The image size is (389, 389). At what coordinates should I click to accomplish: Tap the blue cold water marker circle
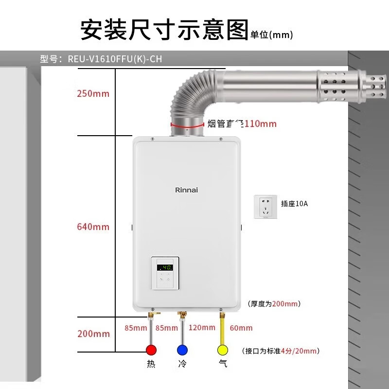pyautogui.click(x=182, y=350)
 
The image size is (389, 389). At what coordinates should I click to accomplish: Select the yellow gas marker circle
pyautogui.click(x=223, y=350)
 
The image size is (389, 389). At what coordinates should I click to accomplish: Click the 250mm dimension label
pyautogui.click(x=93, y=94)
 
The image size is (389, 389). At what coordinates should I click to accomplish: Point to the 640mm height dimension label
pyautogui.click(x=93, y=227)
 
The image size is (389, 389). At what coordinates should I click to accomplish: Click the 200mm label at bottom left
pyautogui.click(x=93, y=334)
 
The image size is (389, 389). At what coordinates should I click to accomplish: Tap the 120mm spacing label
pyautogui.click(x=202, y=328)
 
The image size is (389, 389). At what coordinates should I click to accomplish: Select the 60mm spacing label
pyautogui.click(x=241, y=328)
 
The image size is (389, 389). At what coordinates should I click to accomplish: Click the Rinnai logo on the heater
pyautogui.click(x=186, y=190)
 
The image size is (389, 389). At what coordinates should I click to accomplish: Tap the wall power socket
pyautogui.click(x=265, y=207)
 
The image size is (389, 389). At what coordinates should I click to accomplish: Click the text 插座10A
pyautogui.click(x=295, y=204)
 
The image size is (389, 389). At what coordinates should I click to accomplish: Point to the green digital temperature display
pyautogui.click(x=165, y=267)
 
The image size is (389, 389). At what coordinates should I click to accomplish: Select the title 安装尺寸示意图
pyautogui.click(x=164, y=30)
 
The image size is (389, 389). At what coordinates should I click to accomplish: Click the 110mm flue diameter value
pyautogui.click(x=260, y=124)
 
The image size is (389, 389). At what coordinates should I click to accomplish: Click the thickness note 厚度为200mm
pyautogui.click(x=274, y=304)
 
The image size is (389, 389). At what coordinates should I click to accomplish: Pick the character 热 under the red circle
pyautogui.click(x=152, y=364)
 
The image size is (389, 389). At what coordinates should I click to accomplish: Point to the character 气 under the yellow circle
pyautogui.click(x=223, y=364)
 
